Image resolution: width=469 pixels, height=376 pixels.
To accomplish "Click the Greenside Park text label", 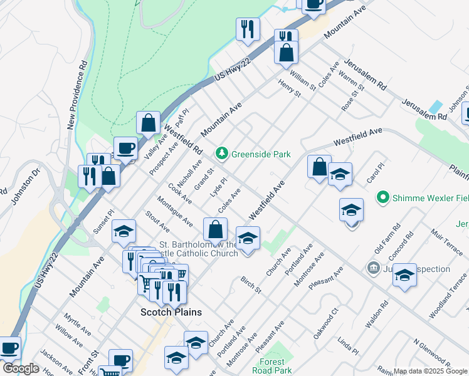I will pyautogui.click(x=261, y=154).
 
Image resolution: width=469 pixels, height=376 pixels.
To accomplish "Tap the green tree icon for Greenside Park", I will pyautogui.click(x=221, y=153).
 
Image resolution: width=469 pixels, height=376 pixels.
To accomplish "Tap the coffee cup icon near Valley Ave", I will pyautogui.click(x=125, y=149).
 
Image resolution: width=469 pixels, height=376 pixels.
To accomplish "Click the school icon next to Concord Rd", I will pyautogui.click(x=404, y=275).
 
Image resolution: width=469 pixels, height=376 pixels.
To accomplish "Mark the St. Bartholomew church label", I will pyautogui.click(x=199, y=249).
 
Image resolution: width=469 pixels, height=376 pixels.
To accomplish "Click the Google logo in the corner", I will pyautogui.click(x=20, y=368).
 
